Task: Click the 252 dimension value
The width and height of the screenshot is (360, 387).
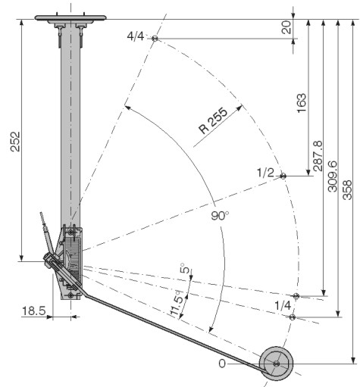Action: click(15, 142)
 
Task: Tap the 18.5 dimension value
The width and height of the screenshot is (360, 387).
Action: click(34, 311)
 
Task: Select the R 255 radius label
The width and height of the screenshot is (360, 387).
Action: click(213, 120)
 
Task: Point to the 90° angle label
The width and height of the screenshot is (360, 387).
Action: click(220, 216)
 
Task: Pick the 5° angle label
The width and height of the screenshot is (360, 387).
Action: click(185, 268)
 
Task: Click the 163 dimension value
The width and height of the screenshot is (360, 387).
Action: click(302, 103)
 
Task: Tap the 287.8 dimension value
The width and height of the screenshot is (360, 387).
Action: click(318, 156)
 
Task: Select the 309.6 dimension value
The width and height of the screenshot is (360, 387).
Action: click(332, 176)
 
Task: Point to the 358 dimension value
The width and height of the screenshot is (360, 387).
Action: click(347, 190)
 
